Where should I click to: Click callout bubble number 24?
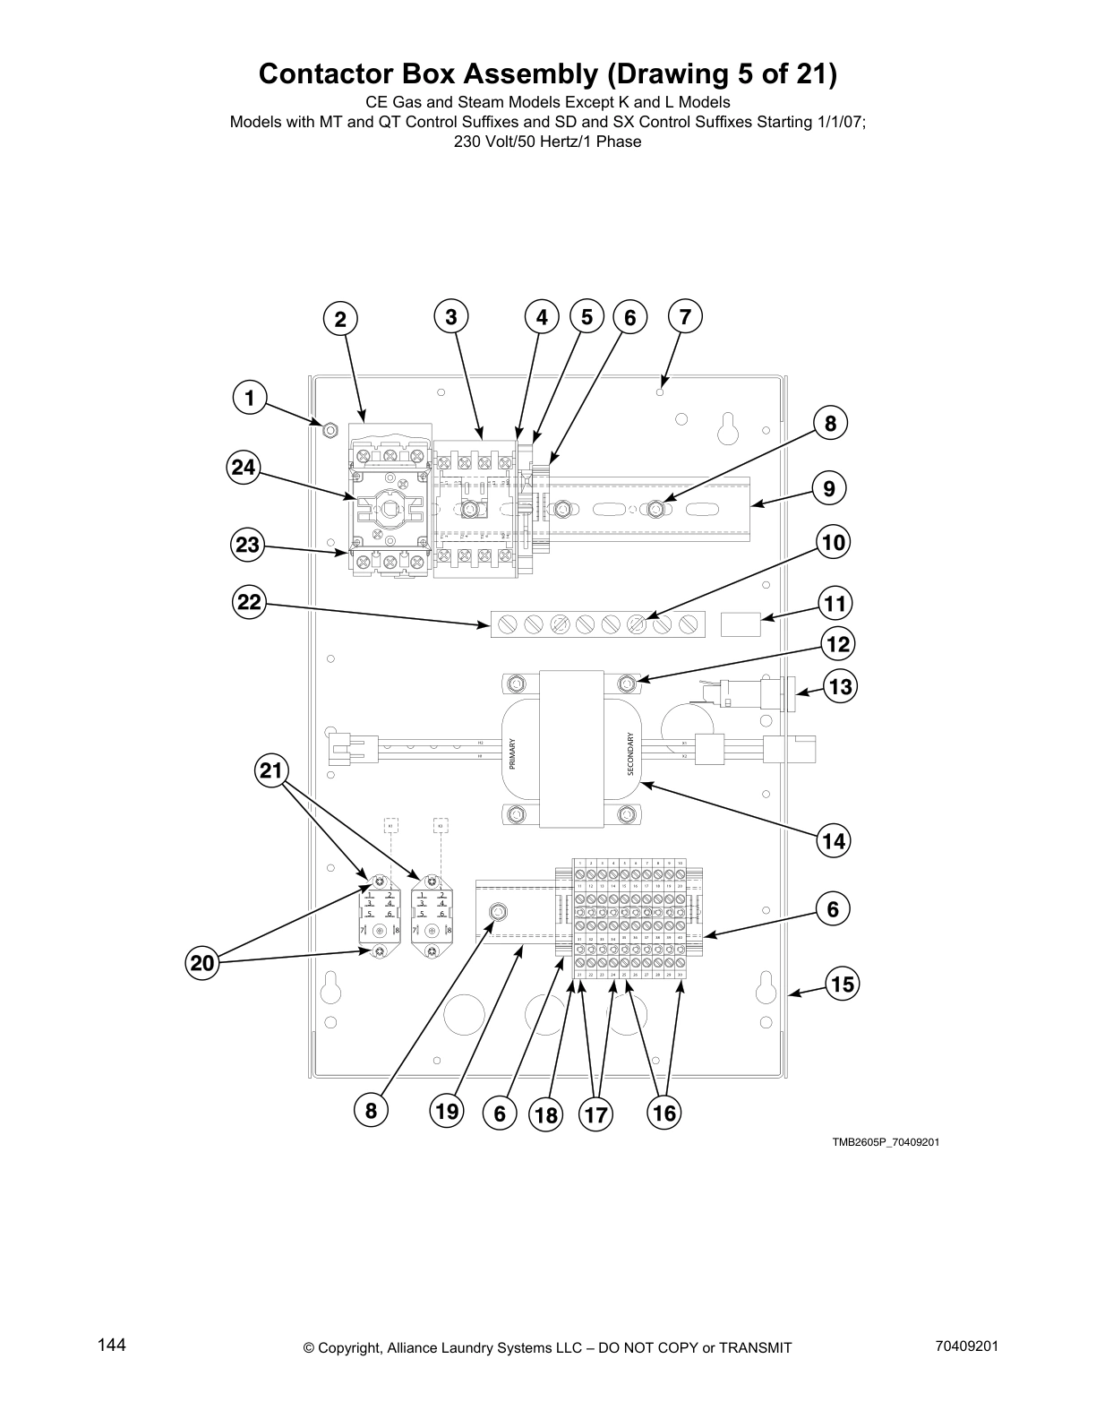click(x=242, y=467)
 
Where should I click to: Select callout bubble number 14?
click(x=834, y=841)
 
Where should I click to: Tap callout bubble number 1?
click(x=251, y=399)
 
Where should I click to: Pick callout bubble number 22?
click(x=249, y=603)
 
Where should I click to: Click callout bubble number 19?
click(x=446, y=1112)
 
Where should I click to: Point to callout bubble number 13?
click(x=840, y=687)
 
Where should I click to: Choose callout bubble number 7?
click(x=685, y=316)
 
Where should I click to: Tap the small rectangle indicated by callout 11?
click(x=741, y=623)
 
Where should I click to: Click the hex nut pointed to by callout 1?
click(x=329, y=430)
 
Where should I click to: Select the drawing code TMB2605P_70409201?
click(x=885, y=1142)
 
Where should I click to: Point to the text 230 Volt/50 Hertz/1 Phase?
click(x=547, y=142)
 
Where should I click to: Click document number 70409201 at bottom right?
click(x=966, y=1346)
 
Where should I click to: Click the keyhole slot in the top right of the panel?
click(x=727, y=428)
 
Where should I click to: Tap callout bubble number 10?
click(x=834, y=543)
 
